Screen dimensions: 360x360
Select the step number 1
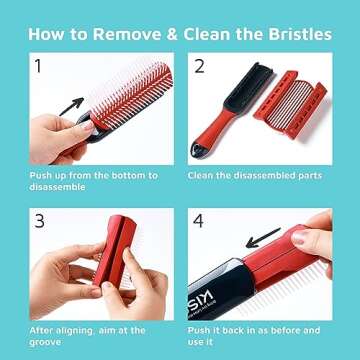37,69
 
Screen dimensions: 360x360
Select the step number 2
199,69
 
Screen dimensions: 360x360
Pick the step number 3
37,220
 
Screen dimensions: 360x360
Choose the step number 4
199,220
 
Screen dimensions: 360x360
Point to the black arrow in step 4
263,237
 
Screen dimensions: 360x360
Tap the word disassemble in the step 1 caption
59,187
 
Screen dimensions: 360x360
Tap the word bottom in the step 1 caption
134,176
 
